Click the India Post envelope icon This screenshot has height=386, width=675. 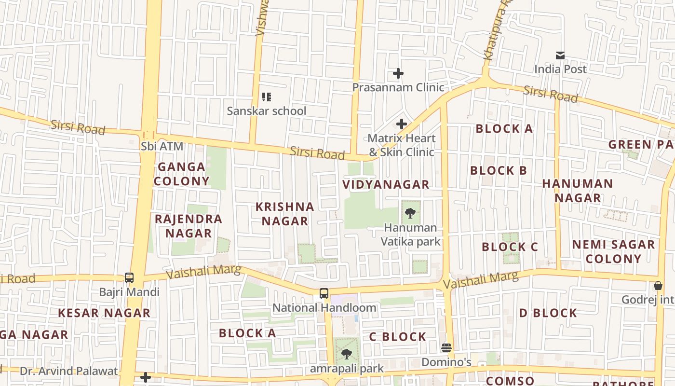click(560, 55)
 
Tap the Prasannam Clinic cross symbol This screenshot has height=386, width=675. click(398, 73)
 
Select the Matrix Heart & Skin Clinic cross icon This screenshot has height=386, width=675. click(401, 124)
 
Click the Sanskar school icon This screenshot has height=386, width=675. click(267, 97)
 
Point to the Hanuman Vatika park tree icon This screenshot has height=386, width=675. click(410, 213)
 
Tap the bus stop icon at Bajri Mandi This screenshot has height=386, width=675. click(129, 277)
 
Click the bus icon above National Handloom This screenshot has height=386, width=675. click(324, 293)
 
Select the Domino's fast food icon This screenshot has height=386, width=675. click(446, 348)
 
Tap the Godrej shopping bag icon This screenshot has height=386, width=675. click(658, 286)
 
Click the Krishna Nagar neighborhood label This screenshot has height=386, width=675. click(284, 214)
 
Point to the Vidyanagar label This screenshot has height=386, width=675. click(386, 184)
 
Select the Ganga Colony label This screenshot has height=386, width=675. click(182, 174)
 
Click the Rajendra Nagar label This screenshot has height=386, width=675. click(189, 226)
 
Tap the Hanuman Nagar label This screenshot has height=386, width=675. click(578, 191)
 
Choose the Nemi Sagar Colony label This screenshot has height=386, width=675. click(613, 251)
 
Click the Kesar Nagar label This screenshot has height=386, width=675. click(104, 313)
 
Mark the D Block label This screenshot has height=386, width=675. click(548, 313)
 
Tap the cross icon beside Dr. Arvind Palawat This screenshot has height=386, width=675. click(146, 377)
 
